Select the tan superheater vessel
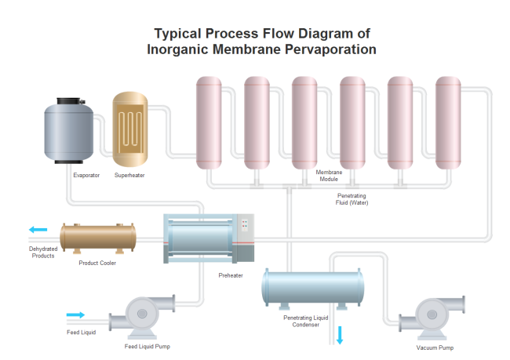(130, 128)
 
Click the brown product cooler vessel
(98, 235)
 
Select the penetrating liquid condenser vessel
(312, 289)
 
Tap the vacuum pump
(432, 318)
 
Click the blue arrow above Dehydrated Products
(38, 230)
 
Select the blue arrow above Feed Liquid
(75, 315)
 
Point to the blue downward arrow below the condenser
(341, 336)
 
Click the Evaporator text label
(86, 175)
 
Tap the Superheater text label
(129, 175)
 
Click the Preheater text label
(231, 275)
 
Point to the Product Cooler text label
(97, 263)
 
